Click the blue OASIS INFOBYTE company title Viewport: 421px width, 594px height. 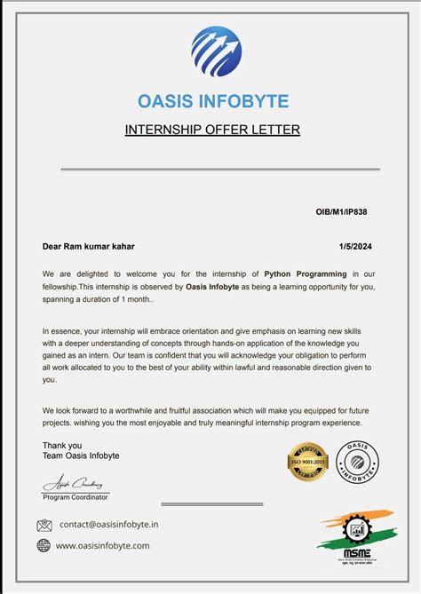click(x=213, y=101)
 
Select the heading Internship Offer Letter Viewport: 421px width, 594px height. click(x=212, y=130)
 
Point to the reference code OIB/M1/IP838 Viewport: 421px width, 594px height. click(x=342, y=214)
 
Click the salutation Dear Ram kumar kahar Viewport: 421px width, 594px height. click(x=89, y=246)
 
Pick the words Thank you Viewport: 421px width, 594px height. click(x=62, y=446)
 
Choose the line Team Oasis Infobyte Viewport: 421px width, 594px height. click(x=81, y=455)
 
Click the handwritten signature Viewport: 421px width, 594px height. click(x=76, y=485)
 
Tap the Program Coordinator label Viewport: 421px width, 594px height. click(x=76, y=497)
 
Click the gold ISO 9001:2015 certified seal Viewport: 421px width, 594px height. click(x=308, y=462)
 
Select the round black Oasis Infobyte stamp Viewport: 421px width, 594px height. click(x=359, y=462)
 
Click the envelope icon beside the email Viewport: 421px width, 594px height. click(x=44, y=525)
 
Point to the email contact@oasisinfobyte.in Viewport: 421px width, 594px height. click(x=108, y=525)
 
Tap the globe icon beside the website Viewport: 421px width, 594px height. click(x=44, y=545)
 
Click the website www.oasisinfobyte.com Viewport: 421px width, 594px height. click(x=103, y=545)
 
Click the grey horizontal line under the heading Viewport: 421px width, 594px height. click(x=219, y=169)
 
